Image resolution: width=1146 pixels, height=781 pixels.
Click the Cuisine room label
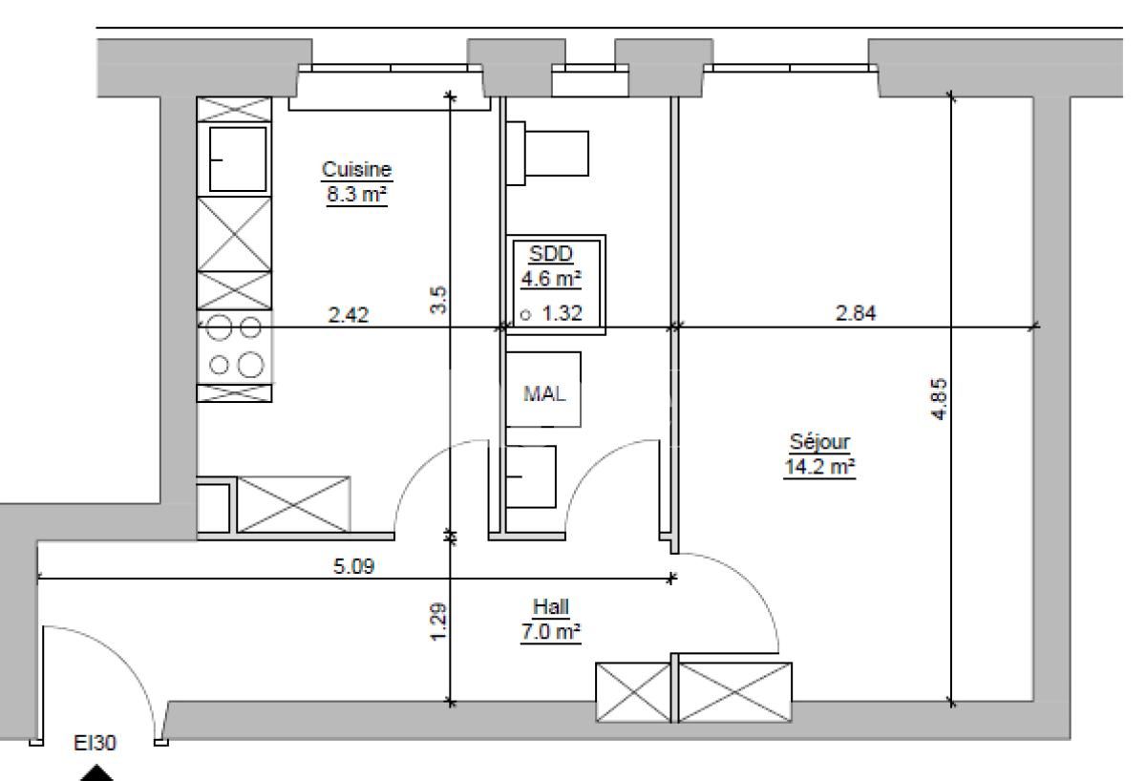[356, 170]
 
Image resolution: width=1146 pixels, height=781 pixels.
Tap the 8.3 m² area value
[356, 194]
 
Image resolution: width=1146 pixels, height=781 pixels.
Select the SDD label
[550, 255]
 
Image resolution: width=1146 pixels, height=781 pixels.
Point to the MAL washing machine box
[543, 390]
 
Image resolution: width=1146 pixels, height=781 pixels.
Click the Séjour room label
[818, 443]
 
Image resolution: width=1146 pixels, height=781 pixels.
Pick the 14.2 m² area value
[818, 467]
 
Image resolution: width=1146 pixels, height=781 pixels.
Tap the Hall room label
[551, 606]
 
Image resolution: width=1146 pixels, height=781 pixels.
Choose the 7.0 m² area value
[551, 631]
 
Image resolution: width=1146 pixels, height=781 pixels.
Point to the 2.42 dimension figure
[349, 312]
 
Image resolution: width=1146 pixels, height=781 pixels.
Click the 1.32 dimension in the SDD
[562, 312]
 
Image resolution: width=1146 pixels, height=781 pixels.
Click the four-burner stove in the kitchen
[235, 347]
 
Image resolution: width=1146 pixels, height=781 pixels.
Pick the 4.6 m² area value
[551, 279]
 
